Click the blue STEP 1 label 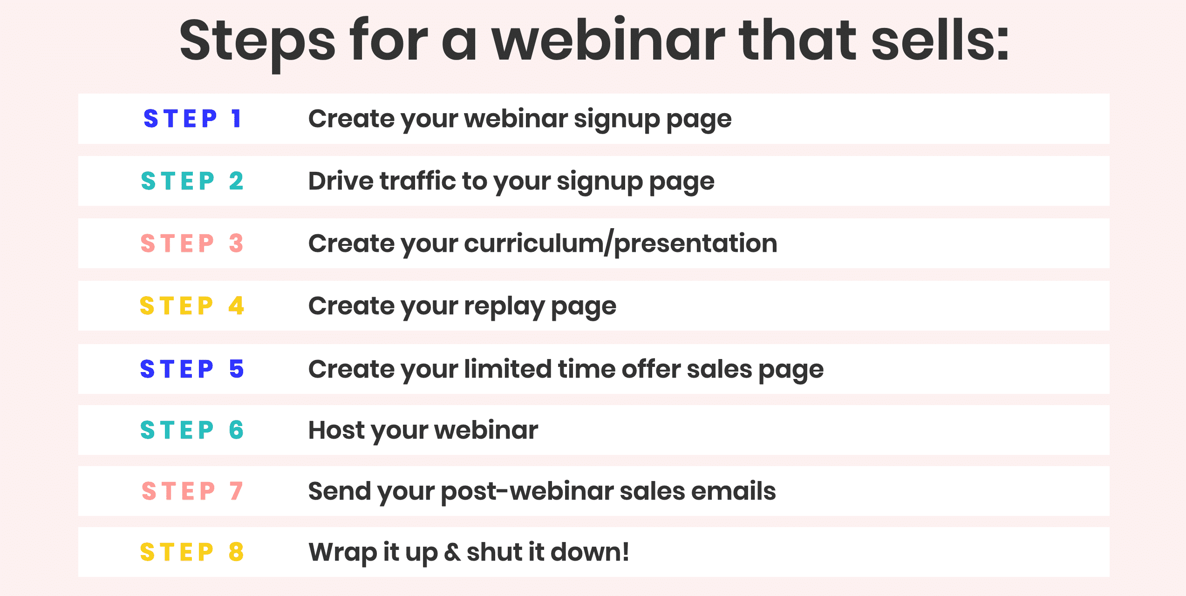pyautogui.click(x=192, y=118)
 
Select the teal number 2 pyautogui.click(x=236, y=181)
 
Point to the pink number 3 pyautogui.click(x=236, y=243)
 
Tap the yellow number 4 pyautogui.click(x=236, y=306)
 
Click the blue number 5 pyautogui.click(x=236, y=369)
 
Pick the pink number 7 pyautogui.click(x=236, y=491)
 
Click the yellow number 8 pyautogui.click(x=236, y=552)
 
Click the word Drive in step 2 pyautogui.click(x=341, y=181)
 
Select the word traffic pyautogui.click(x=417, y=181)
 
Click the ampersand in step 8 pyautogui.click(x=452, y=552)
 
